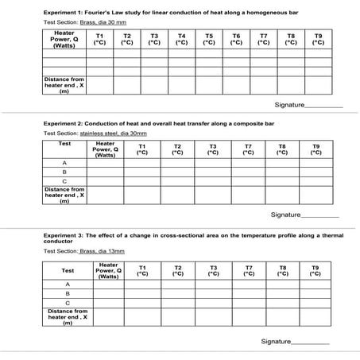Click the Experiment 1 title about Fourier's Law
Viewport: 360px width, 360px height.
166,12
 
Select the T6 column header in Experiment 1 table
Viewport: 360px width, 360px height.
236,40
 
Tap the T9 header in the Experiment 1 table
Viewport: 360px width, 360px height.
318,40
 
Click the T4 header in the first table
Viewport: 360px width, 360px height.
181,40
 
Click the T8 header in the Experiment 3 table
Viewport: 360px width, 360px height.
283,270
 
